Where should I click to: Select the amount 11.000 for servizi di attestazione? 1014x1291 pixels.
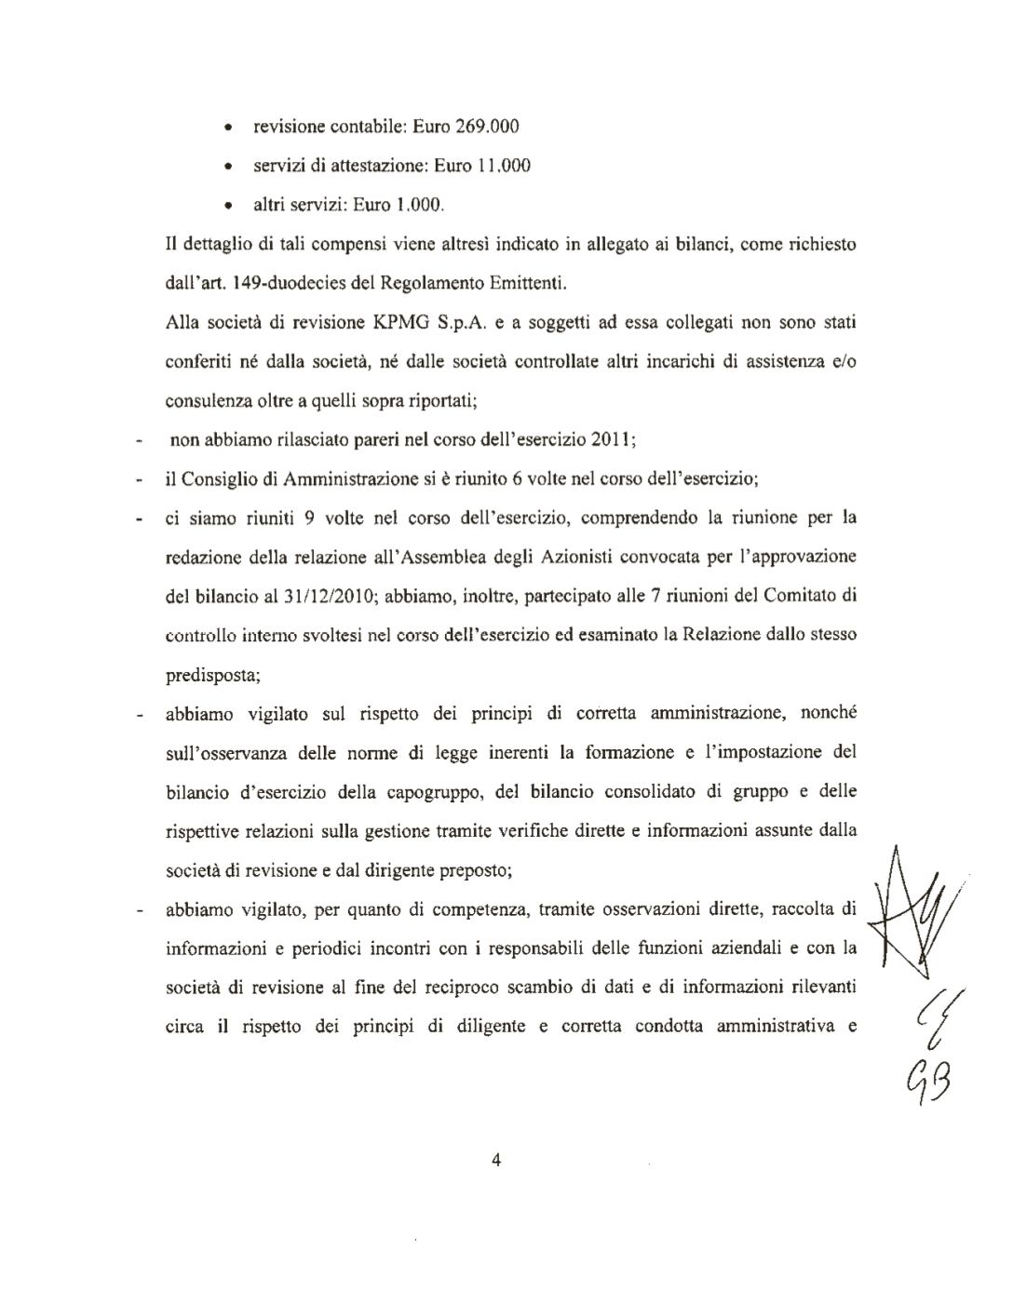[x=504, y=166]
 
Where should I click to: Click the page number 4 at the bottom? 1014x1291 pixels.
[x=495, y=1159]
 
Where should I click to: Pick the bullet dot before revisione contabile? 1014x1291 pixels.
[x=229, y=127]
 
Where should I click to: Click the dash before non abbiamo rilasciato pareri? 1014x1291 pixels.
[x=139, y=443]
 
